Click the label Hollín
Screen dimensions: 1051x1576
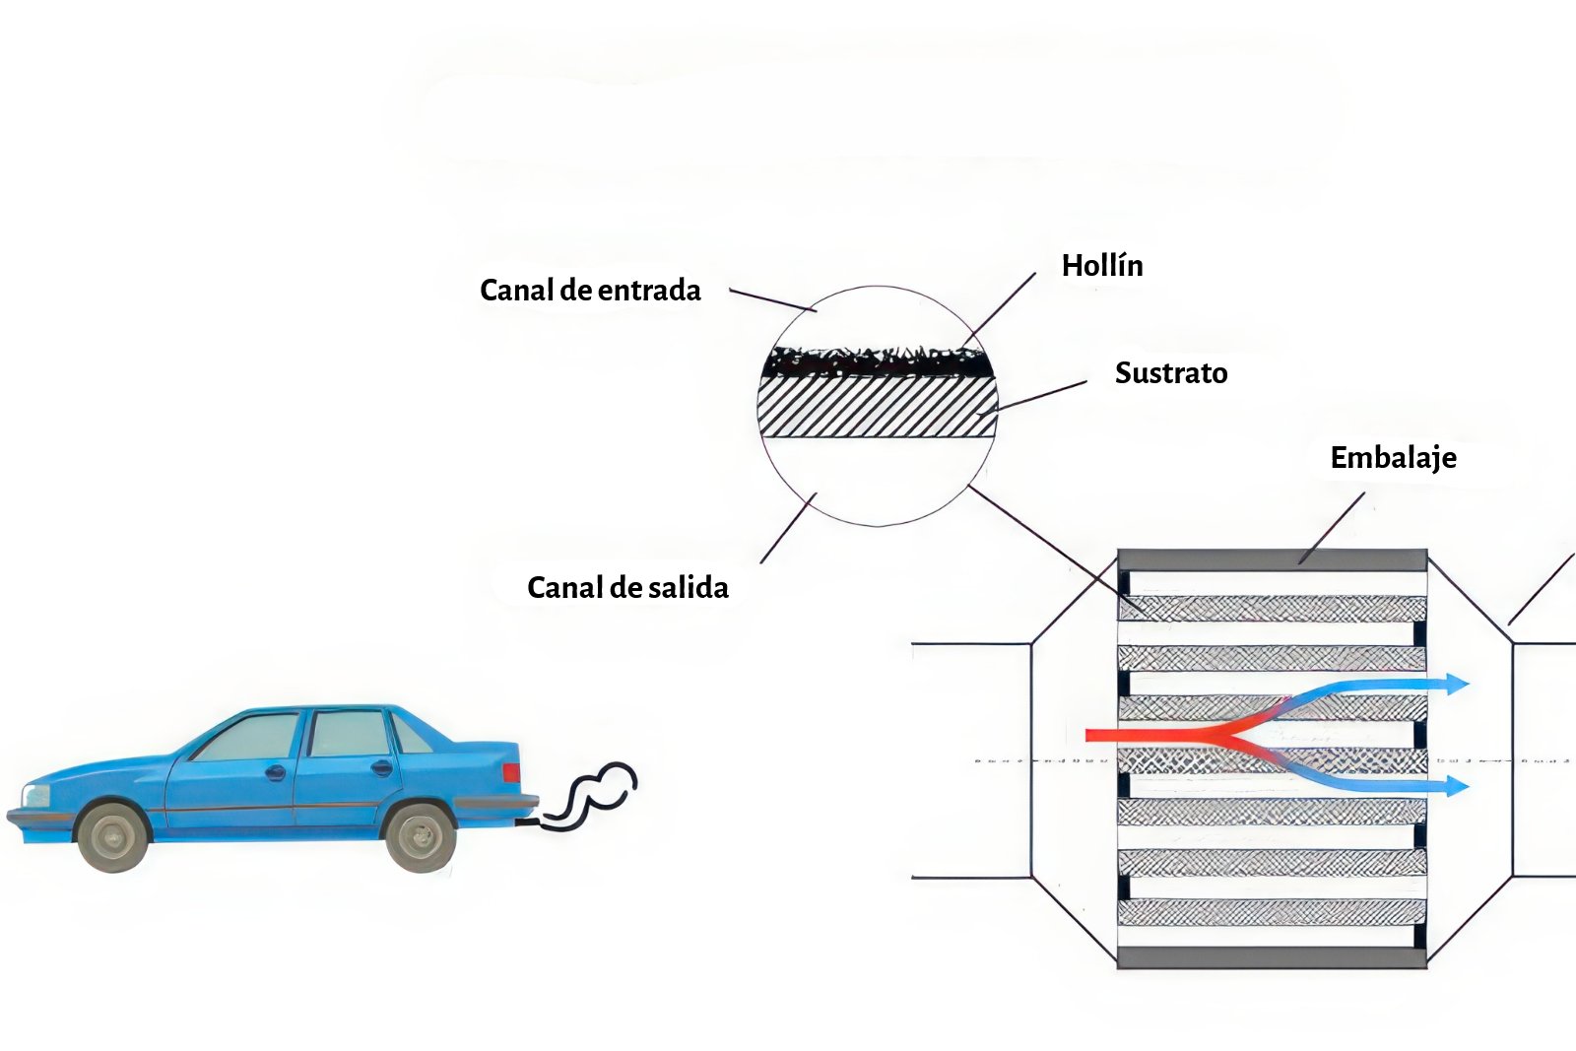[1102, 265]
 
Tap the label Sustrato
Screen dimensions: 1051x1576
[1171, 372]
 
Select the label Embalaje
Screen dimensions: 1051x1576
[1393, 457]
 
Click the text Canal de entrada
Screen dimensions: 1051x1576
[590, 290]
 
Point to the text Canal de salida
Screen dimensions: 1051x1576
[627, 587]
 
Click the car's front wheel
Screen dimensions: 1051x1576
[113, 835]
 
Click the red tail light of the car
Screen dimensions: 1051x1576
[510, 772]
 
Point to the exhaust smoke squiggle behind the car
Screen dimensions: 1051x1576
[591, 793]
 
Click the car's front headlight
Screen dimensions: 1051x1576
[35, 795]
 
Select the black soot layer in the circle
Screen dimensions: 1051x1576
[877, 363]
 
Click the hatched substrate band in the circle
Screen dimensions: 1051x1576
[877, 408]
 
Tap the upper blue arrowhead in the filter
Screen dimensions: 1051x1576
[1456, 684]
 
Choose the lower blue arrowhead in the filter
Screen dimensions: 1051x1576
[1456, 785]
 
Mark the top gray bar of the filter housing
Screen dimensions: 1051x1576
[1272, 560]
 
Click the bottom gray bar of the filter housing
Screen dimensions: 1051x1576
[1272, 957]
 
